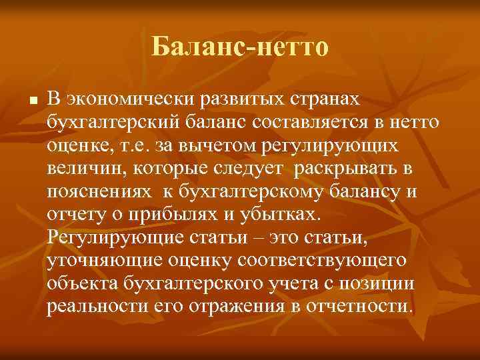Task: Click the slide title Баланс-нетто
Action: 240,47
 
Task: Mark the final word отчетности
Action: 361,307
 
